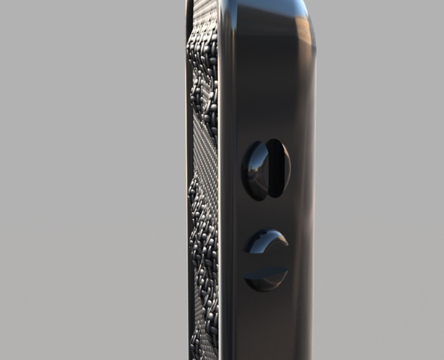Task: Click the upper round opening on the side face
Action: click(x=266, y=169)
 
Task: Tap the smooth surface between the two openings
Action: click(x=266, y=213)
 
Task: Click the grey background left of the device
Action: click(x=85, y=169)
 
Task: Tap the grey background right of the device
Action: click(x=381, y=169)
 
